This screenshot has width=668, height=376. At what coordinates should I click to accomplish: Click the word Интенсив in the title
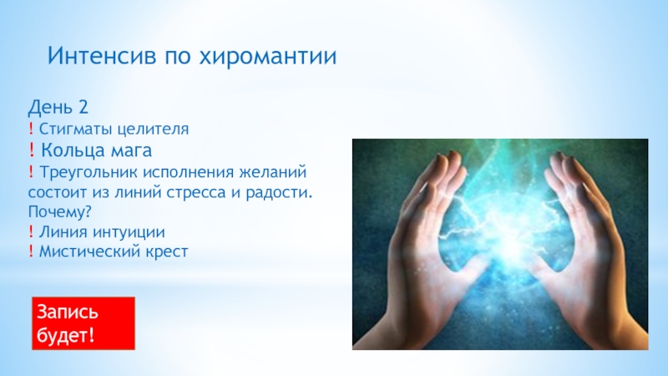pos(102,56)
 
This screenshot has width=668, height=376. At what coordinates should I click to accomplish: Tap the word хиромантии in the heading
pos(268,57)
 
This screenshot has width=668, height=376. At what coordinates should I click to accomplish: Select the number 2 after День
pos(83,107)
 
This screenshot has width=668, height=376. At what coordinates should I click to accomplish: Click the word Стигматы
pos(75,129)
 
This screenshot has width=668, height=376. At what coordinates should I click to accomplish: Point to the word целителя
pos(153,129)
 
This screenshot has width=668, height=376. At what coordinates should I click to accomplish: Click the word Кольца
pos(73,150)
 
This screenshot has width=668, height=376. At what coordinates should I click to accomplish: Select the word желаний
pos(273,172)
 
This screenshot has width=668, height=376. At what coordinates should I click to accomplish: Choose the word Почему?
pos(60,212)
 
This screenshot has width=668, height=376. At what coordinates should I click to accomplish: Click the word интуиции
pos(129,232)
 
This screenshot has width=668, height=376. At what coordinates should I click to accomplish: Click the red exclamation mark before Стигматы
pos(31,129)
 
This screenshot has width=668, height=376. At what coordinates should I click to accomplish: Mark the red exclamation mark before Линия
pos(31,232)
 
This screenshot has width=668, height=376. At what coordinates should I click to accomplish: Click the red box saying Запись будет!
pos(83,323)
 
